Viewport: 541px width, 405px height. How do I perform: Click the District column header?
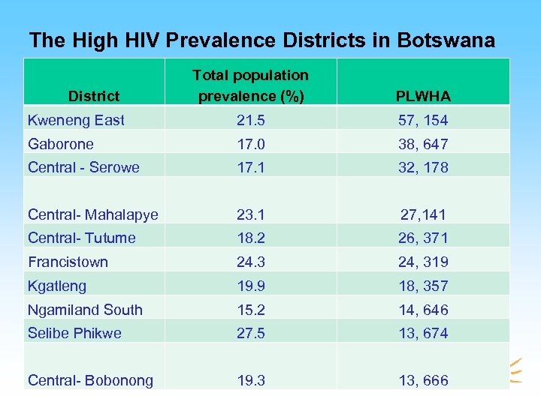[x=94, y=95]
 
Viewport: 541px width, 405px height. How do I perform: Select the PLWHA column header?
[x=423, y=95]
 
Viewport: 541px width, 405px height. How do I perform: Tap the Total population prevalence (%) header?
[x=250, y=85]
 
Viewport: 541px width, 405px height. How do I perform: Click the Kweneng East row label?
[x=76, y=120]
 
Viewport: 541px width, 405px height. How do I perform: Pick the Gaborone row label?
[x=60, y=144]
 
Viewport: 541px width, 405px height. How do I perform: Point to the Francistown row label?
[x=68, y=262]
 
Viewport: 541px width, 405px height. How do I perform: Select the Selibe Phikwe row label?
[x=74, y=333]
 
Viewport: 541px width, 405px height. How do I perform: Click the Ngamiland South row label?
[x=85, y=309]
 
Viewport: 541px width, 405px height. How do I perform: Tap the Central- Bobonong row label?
[x=90, y=380]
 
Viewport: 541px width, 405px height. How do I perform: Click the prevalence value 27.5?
[x=250, y=333]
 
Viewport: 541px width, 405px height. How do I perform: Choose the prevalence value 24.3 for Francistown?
[x=250, y=262]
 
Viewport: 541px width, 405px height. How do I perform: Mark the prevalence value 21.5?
[x=250, y=120]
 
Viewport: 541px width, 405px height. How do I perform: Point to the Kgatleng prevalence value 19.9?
[x=250, y=286]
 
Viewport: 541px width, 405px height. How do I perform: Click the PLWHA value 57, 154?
[x=423, y=120]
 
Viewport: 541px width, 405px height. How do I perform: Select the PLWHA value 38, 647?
[x=423, y=144]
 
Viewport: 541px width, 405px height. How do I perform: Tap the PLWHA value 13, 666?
[x=423, y=380]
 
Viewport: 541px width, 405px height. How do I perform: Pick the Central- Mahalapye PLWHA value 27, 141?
[x=423, y=214]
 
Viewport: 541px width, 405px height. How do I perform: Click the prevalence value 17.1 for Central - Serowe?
[x=250, y=167]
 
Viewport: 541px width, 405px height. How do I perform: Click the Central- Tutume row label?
[x=81, y=238]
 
